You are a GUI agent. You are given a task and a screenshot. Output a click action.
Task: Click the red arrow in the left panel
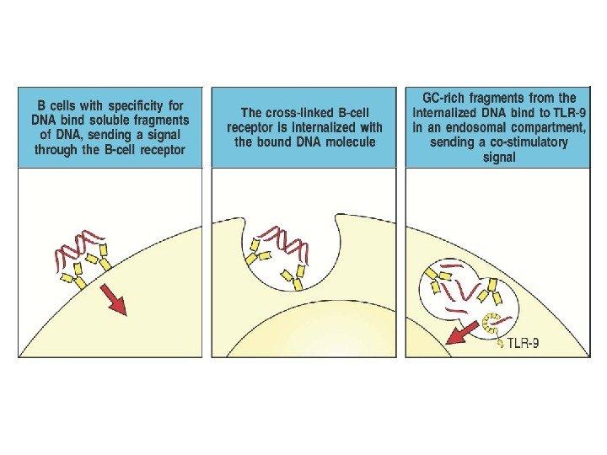coord(115,301)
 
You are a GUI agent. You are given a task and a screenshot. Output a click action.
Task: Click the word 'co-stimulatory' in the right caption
coord(525,142)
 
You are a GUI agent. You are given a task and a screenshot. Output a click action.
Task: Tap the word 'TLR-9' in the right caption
coord(563,112)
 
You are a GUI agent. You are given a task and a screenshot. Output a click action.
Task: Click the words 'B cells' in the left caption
coord(55,107)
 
